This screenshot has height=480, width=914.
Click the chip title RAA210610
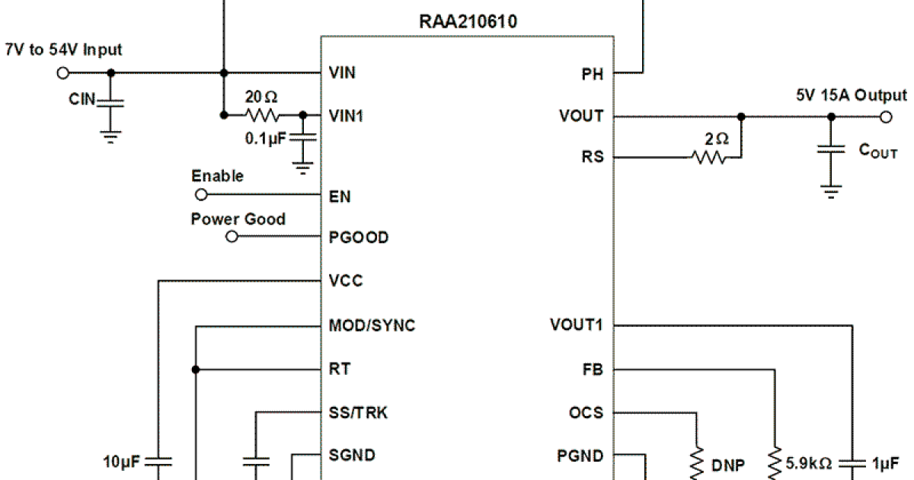(x=468, y=21)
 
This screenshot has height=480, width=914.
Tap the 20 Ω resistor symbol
(x=261, y=116)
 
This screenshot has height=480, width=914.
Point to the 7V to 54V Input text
(x=63, y=50)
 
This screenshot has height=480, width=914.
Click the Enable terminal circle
(x=201, y=196)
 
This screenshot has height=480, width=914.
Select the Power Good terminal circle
(x=232, y=237)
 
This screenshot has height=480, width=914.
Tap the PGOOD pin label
(x=359, y=237)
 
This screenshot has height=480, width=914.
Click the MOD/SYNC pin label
(x=372, y=326)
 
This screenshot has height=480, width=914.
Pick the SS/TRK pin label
(x=359, y=413)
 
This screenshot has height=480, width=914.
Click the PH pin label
(x=593, y=74)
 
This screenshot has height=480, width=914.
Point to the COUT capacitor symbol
(x=832, y=150)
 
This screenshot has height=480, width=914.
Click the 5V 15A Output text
(x=851, y=95)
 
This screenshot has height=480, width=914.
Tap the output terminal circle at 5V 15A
(x=885, y=117)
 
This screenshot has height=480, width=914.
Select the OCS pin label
(x=586, y=413)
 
